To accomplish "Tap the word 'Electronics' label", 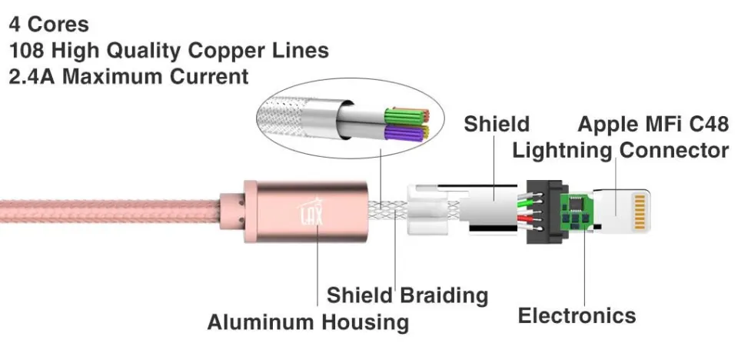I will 577,315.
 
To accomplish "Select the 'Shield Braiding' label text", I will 407,295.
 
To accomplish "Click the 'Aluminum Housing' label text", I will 307,322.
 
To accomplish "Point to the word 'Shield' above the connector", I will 497,123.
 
